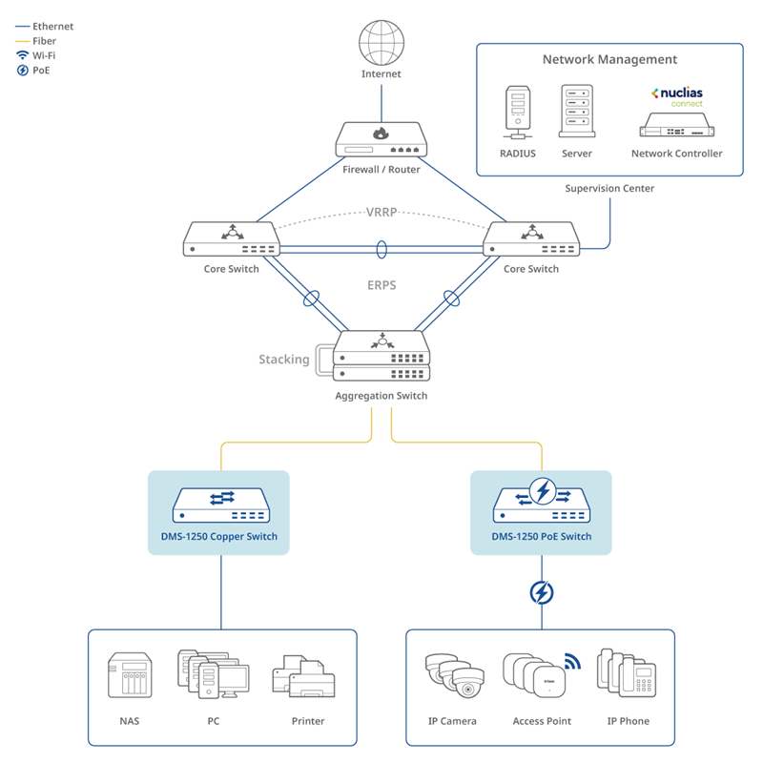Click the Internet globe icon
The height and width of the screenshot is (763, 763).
381,43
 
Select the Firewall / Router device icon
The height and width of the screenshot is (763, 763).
381,140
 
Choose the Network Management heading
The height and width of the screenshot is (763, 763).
609,59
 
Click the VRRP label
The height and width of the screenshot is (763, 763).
381,212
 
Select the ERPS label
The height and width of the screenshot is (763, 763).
381,285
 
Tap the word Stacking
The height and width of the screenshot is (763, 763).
284,360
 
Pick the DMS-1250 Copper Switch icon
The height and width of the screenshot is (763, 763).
219,505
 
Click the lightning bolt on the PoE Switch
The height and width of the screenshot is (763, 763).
543,491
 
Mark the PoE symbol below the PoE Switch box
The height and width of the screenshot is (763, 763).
542,593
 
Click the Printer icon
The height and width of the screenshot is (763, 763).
307,678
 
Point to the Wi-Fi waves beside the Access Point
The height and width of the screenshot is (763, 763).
572,660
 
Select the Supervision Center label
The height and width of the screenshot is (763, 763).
609,189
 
